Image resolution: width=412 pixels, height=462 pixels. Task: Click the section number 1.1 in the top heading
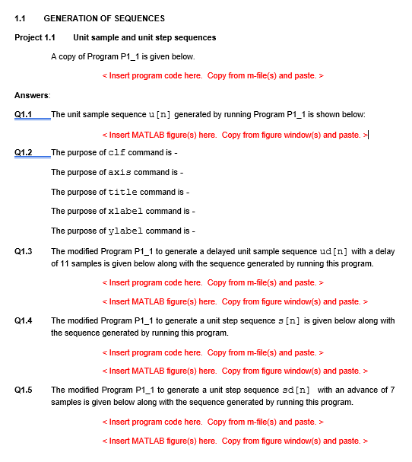21,18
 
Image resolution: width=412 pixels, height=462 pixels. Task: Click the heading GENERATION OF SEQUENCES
104,18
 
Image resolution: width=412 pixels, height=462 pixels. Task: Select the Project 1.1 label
34,37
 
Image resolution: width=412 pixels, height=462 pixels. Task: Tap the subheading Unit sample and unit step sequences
144,37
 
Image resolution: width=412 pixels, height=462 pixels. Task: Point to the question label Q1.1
24,114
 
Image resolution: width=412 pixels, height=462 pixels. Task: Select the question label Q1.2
24,152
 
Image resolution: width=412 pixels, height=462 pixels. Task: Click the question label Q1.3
24,251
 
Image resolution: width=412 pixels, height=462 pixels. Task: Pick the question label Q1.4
24,320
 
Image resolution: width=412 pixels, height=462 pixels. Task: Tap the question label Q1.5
24,390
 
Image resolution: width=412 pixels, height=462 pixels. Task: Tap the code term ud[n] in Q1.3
334,251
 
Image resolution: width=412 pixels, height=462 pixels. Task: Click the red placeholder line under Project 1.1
213,75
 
